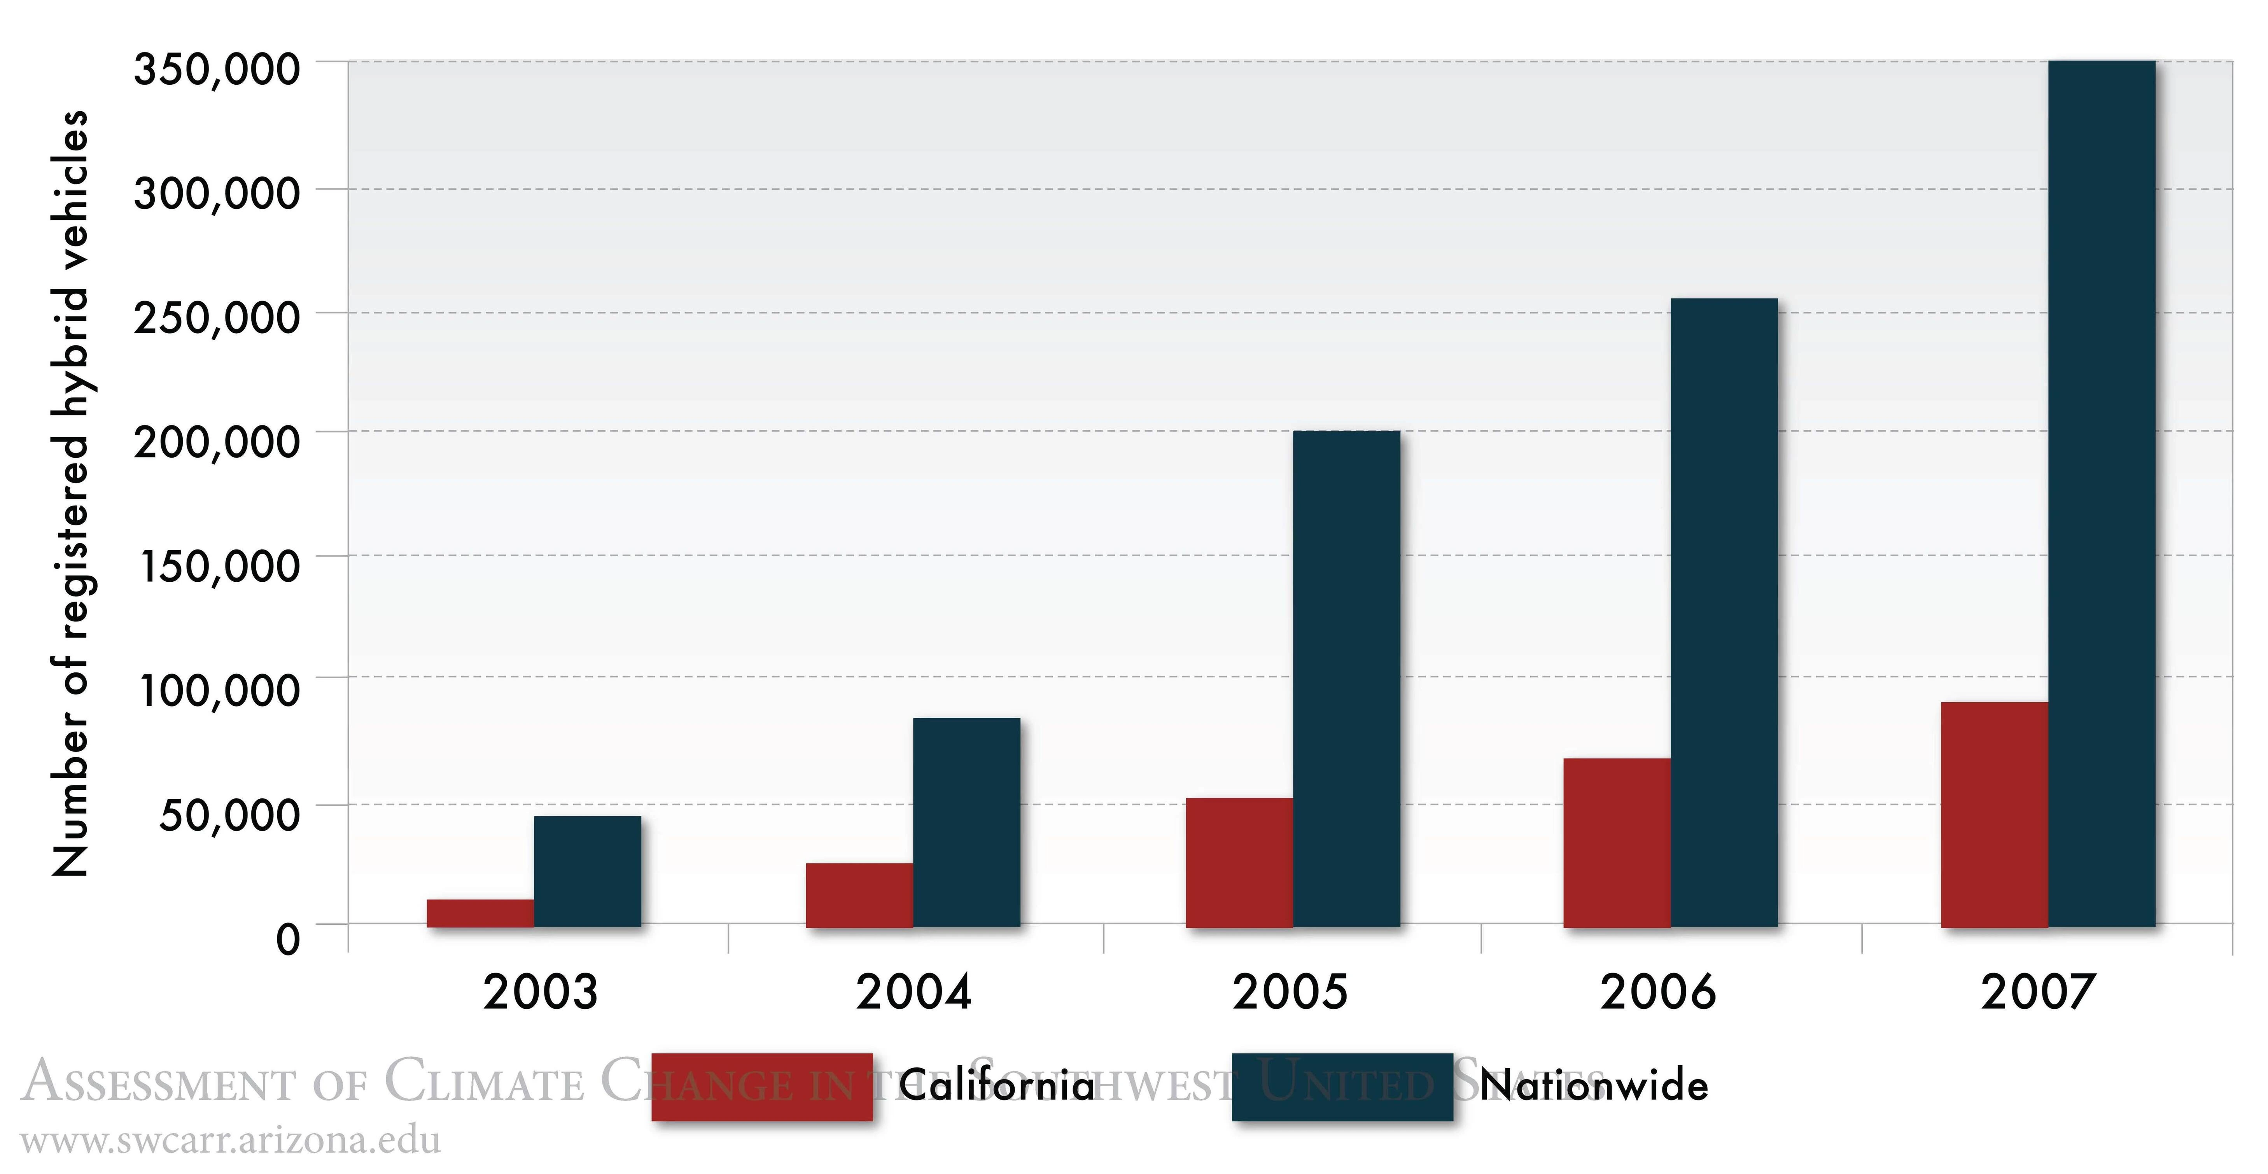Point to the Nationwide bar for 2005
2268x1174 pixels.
pyautogui.click(x=1346, y=678)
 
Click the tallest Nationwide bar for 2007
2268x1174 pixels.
pyautogui.click(x=2102, y=493)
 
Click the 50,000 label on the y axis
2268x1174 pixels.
pyautogui.click(x=229, y=814)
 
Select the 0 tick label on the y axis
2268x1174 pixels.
pyautogui.click(x=288, y=939)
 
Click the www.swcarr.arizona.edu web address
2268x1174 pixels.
pyautogui.click(x=231, y=1141)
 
